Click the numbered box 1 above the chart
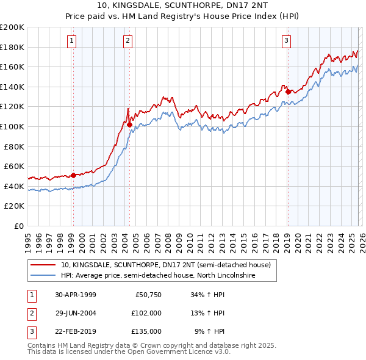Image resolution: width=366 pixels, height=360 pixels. pyautogui.click(x=72, y=41)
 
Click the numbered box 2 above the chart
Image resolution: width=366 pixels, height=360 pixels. pyautogui.click(x=128, y=41)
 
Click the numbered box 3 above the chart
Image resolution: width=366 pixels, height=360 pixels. pyautogui.click(x=286, y=41)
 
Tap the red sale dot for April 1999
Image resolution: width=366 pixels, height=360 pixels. pyautogui.click(x=74, y=175)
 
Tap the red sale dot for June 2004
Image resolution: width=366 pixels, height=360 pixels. pyautogui.click(x=129, y=124)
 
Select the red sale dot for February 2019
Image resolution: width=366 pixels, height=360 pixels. pyautogui.click(x=288, y=92)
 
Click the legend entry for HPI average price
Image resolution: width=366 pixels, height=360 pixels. pyautogui.click(x=157, y=276)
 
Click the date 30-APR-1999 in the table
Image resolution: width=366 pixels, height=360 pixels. pyautogui.click(x=75, y=295)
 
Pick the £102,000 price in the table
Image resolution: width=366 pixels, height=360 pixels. pyautogui.click(x=146, y=313)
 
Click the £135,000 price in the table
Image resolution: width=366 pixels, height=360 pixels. pyautogui.click(x=146, y=331)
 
